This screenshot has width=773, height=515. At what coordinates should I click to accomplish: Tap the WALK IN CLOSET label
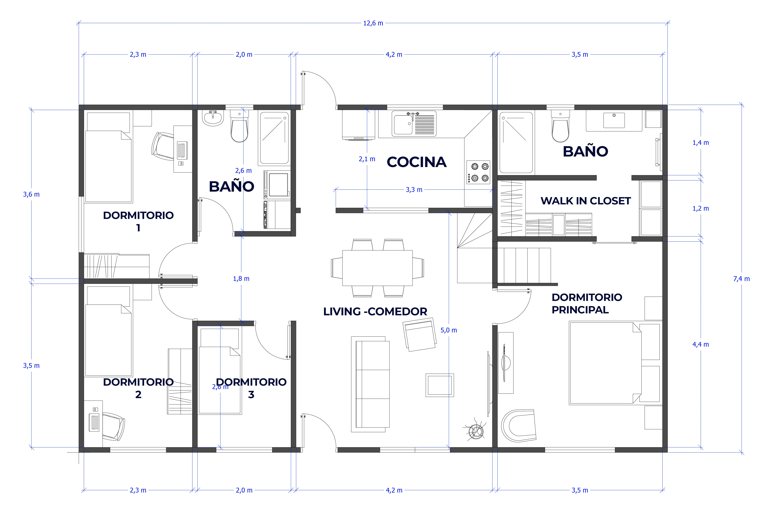[x=586, y=201]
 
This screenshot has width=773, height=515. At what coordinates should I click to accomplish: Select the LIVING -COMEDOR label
[x=375, y=311]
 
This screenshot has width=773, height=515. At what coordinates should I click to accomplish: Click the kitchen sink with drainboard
[x=414, y=124]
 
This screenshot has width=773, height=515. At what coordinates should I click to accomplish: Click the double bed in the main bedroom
[x=605, y=363]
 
